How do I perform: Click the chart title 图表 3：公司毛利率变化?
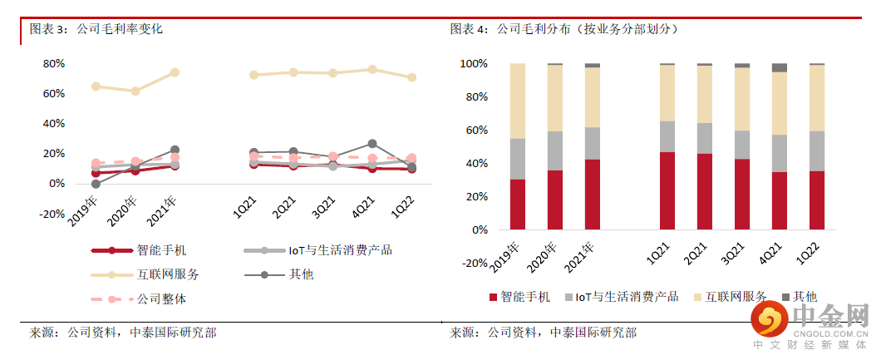point(96,28)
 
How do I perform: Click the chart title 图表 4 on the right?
point(565,28)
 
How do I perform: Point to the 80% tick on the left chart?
point(54,64)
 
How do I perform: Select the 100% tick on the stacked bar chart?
point(473,64)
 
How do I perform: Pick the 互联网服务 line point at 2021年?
point(175,72)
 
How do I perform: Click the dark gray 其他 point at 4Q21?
point(372,144)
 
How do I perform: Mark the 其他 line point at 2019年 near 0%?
point(96,184)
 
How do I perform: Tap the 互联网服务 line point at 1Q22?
point(411,77)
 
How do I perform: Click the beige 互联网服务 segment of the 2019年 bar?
point(517,101)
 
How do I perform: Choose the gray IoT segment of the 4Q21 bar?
point(779,153)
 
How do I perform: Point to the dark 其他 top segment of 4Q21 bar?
point(779,67)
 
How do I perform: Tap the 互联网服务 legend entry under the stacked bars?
point(736,296)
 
